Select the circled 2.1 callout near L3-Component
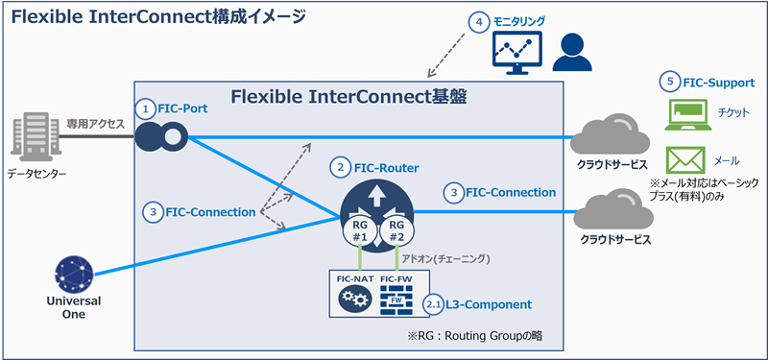[436, 304]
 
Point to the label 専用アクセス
[93, 124]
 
